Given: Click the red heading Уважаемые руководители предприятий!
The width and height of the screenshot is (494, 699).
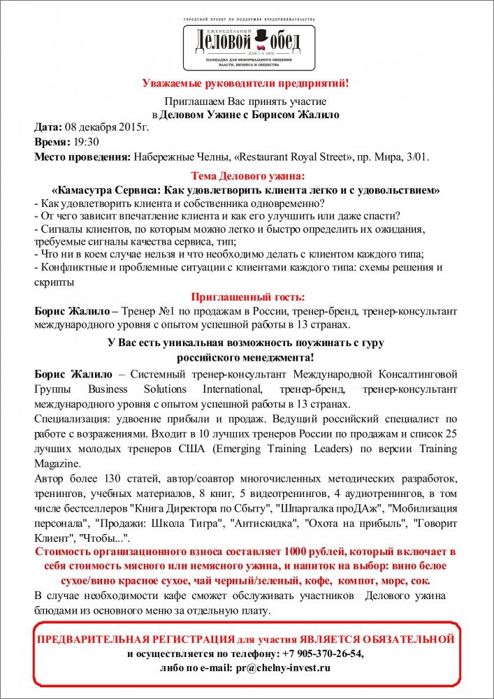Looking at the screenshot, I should (246, 84).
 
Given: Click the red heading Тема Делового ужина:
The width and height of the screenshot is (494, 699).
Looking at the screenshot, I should (247, 176).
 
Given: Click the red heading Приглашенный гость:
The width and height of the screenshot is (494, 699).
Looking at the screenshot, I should (247, 296).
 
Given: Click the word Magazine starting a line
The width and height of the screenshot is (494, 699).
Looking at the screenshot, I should (58, 463).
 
